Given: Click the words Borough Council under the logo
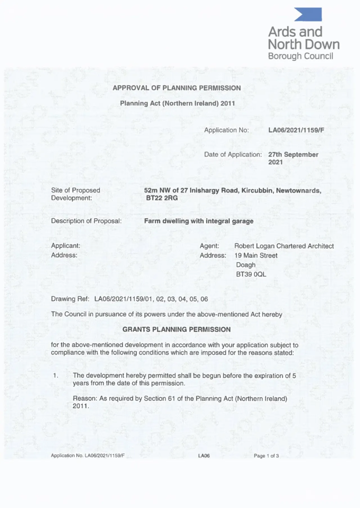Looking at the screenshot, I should pyautogui.click(x=300, y=56).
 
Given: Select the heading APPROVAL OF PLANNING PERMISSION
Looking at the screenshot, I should pyautogui.click(x=177, y=88).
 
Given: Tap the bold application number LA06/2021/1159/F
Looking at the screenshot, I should pyautogui.click(x=296, y=130).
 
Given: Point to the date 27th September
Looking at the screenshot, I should pyautogui.click(x=293, y=155).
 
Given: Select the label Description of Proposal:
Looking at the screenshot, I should pyautogui.click(x=86, y=221).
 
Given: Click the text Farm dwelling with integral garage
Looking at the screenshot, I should pyautogui.click(x=199, y=221).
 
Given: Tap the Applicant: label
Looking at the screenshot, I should pyautogui.click(x=66, y=246).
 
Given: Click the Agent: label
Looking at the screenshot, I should pyautogui.click(x=209, y=246).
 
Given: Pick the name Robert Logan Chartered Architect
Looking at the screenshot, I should pyautogui.click(x=284, y=246).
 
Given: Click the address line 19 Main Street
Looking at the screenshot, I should pyautogui.click(x=256, y=256).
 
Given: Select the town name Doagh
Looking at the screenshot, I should pyautogui.click(x=246, y=265).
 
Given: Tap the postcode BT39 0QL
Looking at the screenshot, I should pyautogui.click(x=251, y=274).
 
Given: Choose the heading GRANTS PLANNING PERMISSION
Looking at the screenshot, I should pyautogui.click(x=177, y=329).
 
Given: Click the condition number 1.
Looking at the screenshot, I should pyautogui.click(x=56, y=376).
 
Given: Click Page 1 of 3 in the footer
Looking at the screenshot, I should pyautogui.click(x=266, y=456).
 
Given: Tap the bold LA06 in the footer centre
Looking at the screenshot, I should pyautogui.click(x=204, y=456).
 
